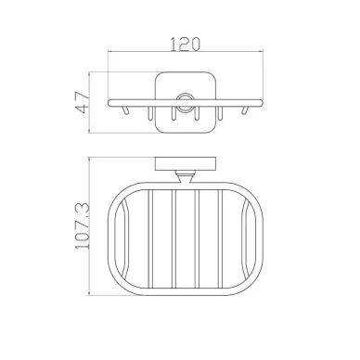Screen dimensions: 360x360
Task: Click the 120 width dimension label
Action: click(186, 44)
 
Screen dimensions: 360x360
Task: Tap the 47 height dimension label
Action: click(83, 102)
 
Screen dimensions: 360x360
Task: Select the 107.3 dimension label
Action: click(83, 225)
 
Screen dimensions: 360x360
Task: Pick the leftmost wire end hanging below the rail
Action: click(124, 110)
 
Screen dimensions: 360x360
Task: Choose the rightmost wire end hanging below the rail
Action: click(245, 110)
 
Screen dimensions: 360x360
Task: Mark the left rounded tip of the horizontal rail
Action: click(109, 103)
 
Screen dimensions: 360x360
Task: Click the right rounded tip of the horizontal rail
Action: click(261, 103)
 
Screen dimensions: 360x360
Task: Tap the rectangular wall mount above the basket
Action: click(185, 164)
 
